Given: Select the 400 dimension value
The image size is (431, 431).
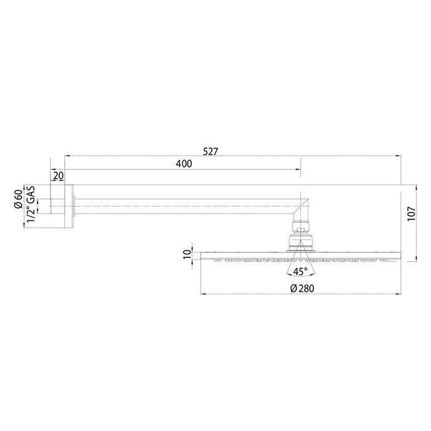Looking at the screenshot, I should (183, 164).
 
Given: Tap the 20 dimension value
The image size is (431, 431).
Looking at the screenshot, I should (58, 175).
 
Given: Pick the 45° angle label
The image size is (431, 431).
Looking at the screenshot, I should (300, 271).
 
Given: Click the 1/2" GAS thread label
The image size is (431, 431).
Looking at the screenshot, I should (30, 206).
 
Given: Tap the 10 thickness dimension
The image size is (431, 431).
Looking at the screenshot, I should (187, 254).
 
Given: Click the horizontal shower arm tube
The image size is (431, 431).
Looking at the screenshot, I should (185, 202).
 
